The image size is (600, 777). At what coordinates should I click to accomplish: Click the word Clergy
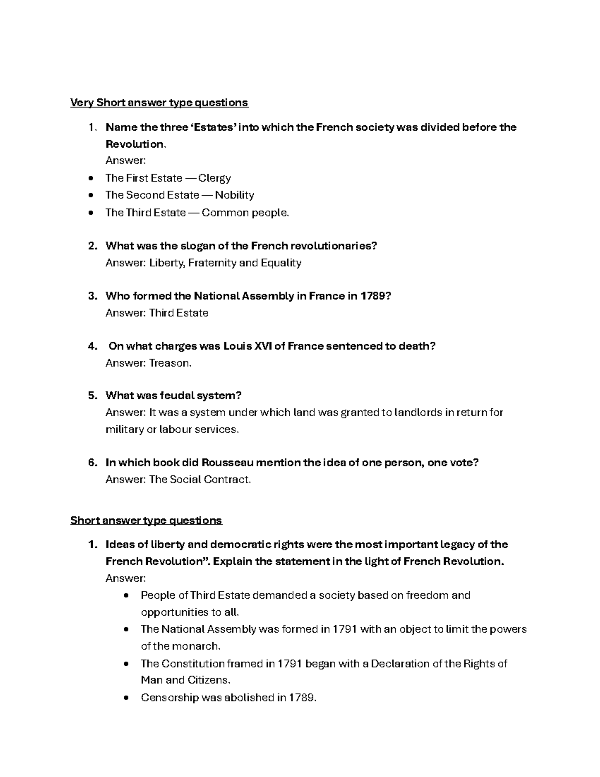[x=214, y=178]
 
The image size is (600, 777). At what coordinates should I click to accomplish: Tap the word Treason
[x=170, y=363]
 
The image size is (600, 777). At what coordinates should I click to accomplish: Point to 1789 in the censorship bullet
[x=302, y=698]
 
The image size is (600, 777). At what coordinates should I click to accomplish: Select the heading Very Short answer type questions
[x=159, y=103]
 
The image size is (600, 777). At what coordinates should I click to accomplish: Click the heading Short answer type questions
[x=146, y=521]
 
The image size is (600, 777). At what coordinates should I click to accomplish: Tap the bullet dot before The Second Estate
[x=90, y=196]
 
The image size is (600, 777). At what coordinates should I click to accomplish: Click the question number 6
[x=92, y=463]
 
